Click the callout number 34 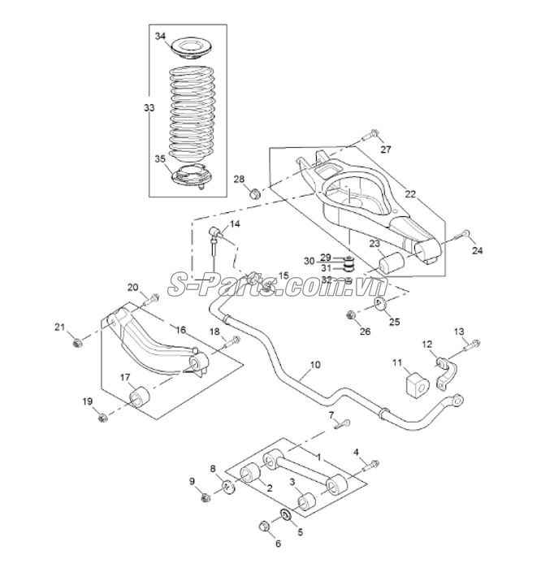tap(160, 37)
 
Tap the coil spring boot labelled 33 tap(191, 115)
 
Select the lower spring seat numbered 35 tap(191, 176)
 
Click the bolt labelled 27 tap(370, 136)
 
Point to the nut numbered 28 tap(256, 193)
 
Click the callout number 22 tap(410, 194)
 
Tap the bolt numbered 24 tap(461, 235)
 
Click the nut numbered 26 tap(350, 315)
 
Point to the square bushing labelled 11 tap(418, 386)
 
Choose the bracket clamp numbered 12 tap(446, 374)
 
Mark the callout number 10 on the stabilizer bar tap(315, 364)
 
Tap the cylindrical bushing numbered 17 tap(140, 397)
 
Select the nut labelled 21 tap(77, 342)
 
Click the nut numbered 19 tap(103, 418)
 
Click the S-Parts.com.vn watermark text tap(277, 286)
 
